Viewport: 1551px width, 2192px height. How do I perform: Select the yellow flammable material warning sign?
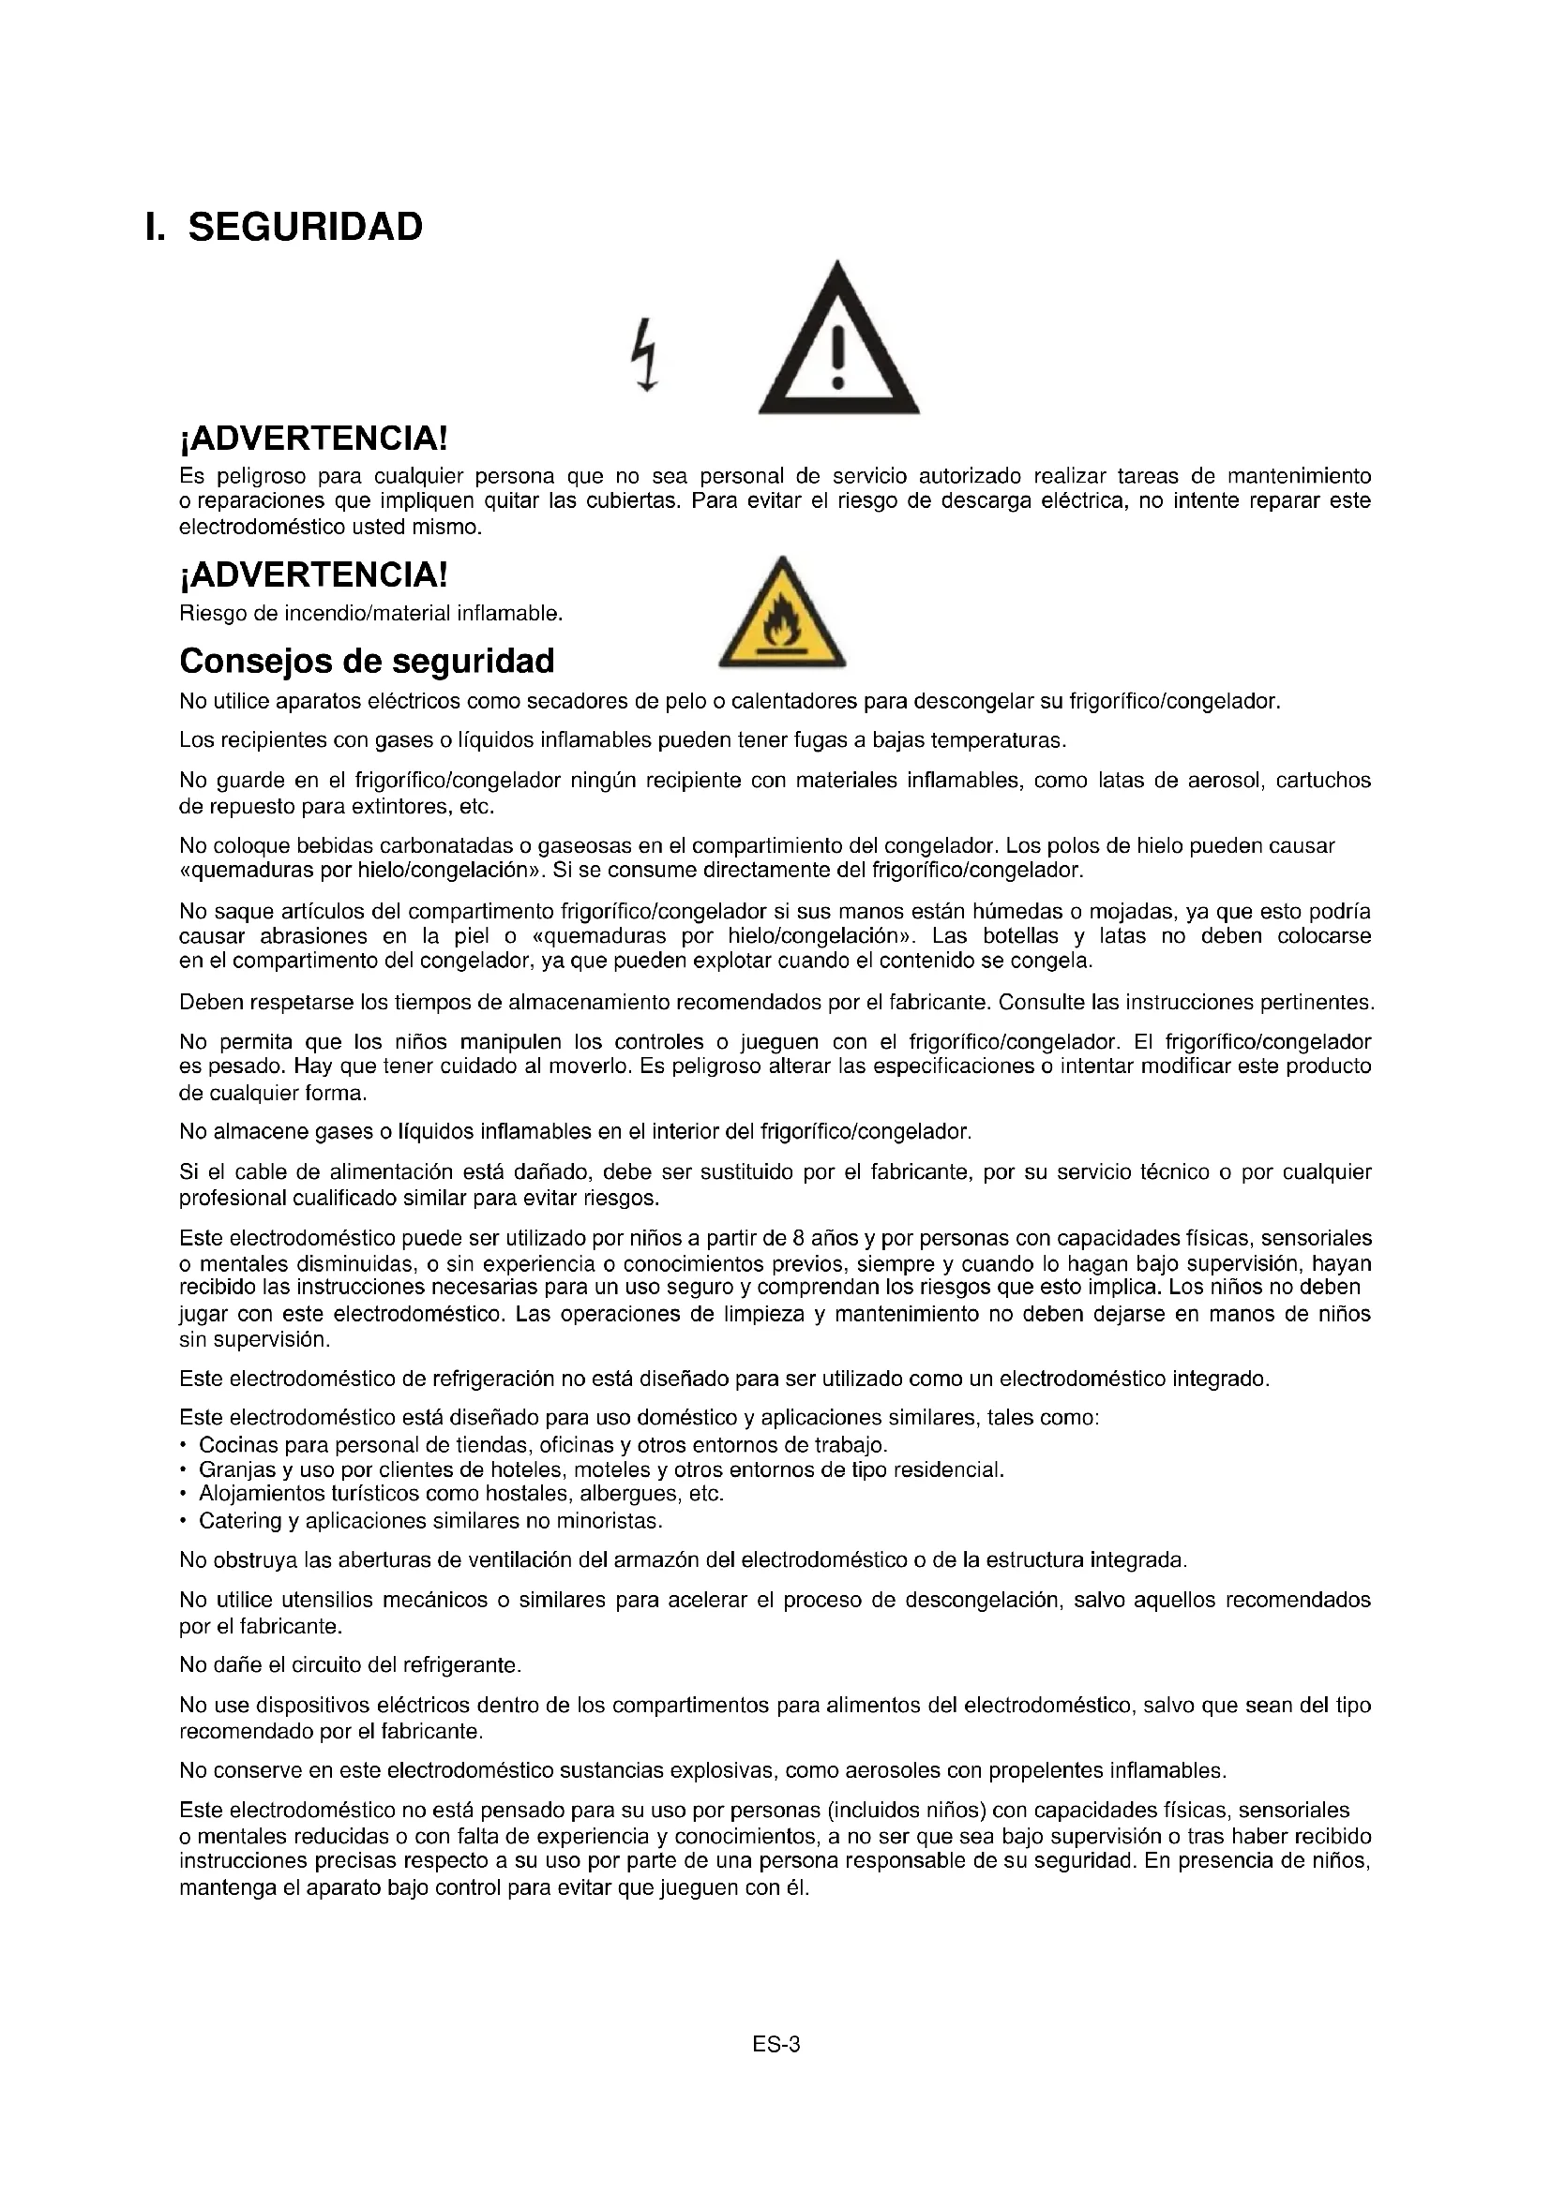tap(781, 614)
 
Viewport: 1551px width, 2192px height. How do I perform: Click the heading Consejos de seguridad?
tap(367, 661)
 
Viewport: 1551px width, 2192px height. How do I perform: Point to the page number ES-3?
tap(775, 2044)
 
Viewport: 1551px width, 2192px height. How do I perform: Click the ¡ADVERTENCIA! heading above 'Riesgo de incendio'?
tap(313, 574)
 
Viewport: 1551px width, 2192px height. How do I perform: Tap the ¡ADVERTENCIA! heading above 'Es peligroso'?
tap(313, 440)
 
